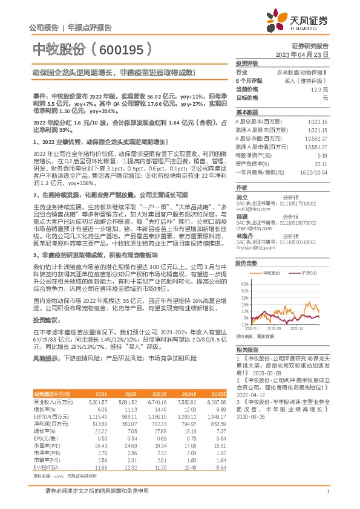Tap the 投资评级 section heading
(x=247, y=63)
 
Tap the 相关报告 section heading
(x=247, y=349)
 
